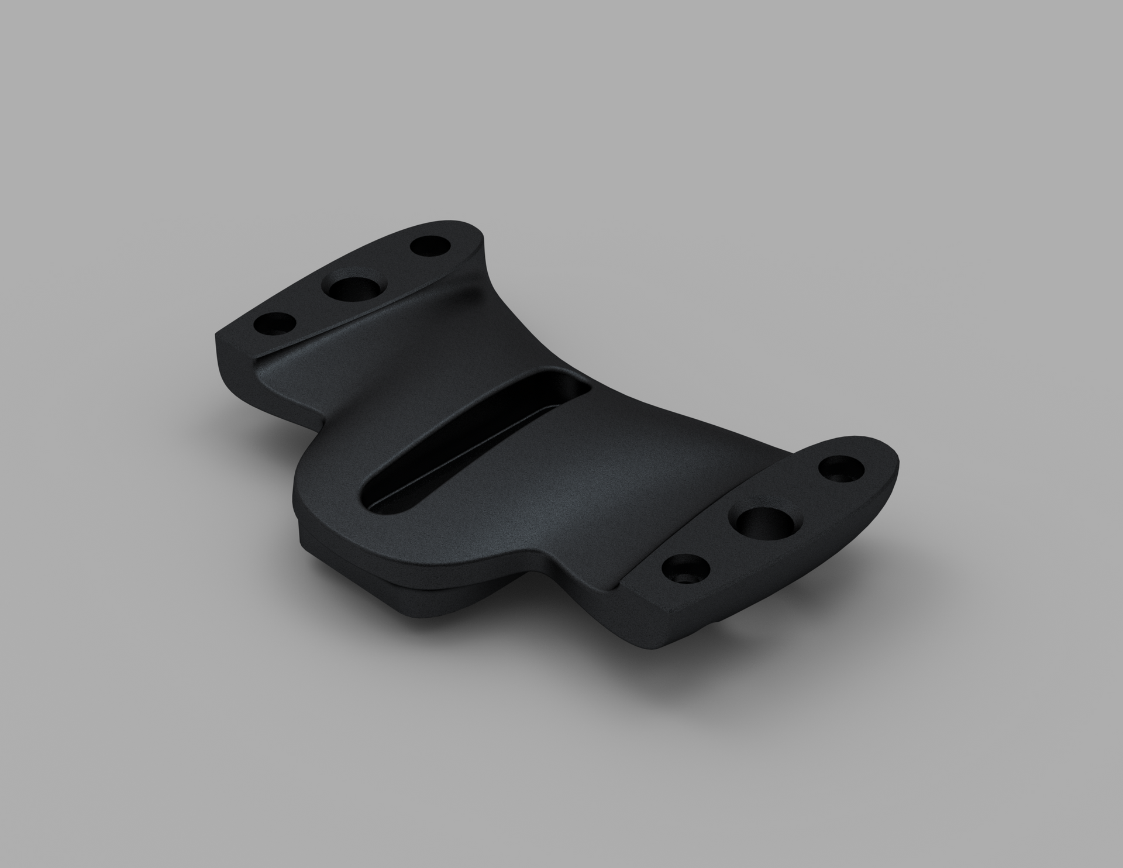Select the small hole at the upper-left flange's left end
(273, 324)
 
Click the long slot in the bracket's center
(468, 445)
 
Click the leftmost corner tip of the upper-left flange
(218, 336)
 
